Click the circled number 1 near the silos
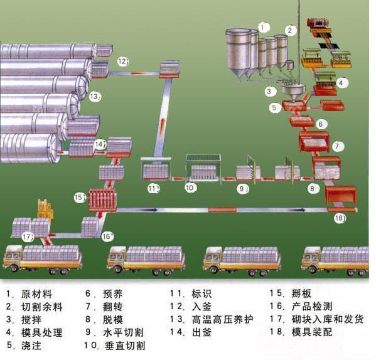[x=263, y=28]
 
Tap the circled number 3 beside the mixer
[x=269, y=92]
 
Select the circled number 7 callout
[x=337, y=146]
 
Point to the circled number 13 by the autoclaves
[x=95, y=97]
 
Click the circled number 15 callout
[x=79, y=198]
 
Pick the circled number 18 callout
[x=340, y=218]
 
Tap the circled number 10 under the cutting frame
[x=190, y=188]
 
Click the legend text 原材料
[x=36, y=294]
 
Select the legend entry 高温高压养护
[x=222, y=319]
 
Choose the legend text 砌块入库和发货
[x=328, y=319]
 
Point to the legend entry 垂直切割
[x=125, y=346]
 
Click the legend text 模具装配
[x=312, y=332]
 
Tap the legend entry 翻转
[x=113, y=307]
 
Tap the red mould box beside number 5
[x=294, y=105]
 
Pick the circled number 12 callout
[x=123, y=61]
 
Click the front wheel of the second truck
[x=117, y=270]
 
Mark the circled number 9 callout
[x=242, y=189]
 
